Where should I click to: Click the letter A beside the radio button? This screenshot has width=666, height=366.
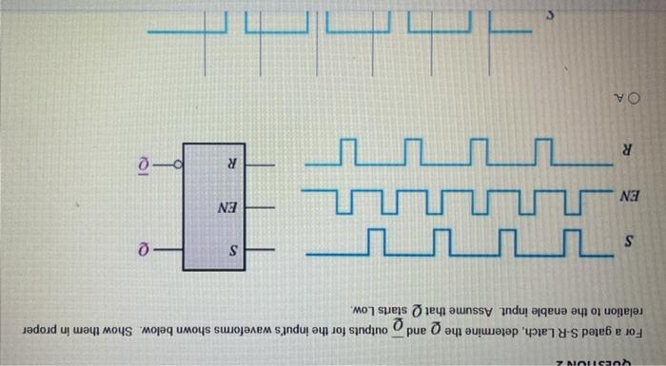pos(616,97)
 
